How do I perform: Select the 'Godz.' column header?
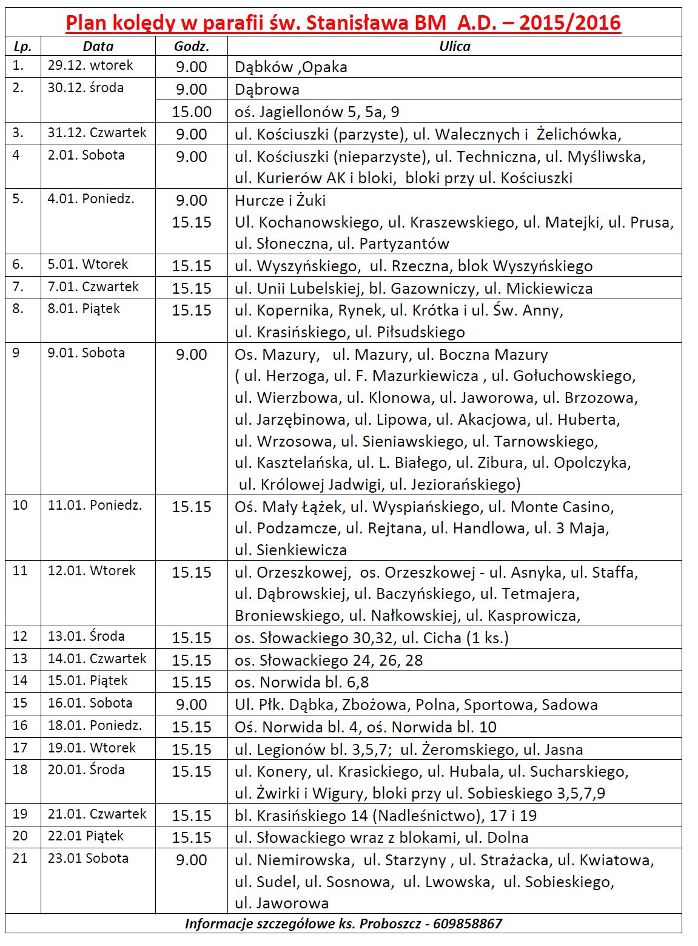coord(191,46)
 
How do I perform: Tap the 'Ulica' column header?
coord(454,46)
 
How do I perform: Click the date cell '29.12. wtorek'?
coord(90,66)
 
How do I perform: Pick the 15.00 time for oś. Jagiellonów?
coord(192,112)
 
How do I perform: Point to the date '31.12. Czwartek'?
coord(97,133)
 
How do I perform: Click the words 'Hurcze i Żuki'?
coord(280,200)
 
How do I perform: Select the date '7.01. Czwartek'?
coord(93,287)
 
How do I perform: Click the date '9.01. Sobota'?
coord(86,353)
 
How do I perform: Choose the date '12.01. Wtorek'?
coord(92,571)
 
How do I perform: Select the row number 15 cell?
coord(20,703)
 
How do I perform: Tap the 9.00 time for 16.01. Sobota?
coord(192,704)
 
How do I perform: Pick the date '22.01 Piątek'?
coord(86,836)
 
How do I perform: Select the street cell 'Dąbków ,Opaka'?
coord(291,67)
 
